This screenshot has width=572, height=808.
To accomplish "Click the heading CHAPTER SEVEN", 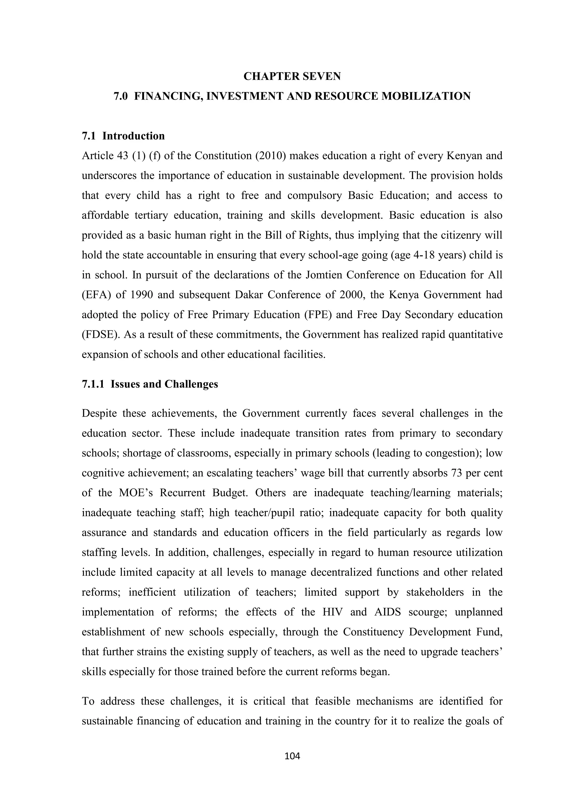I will coord(292,76).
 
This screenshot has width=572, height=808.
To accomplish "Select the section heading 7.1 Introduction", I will coord(123,136).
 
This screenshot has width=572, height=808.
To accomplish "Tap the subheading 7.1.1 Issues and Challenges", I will coord(150,384).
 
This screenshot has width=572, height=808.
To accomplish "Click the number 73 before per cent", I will coord(456,473).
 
